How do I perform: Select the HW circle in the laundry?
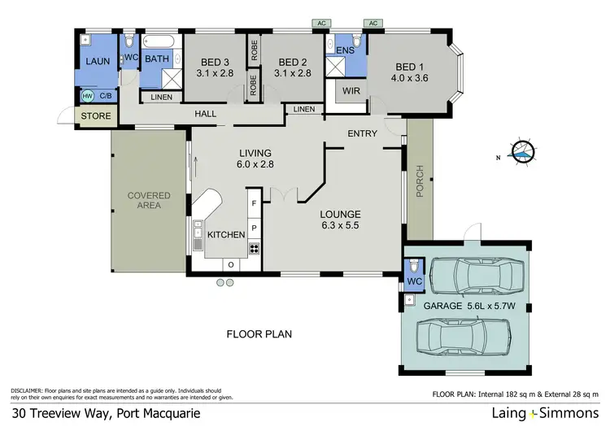(x=87, y=96)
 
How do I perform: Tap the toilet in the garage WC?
(x=414, y=267)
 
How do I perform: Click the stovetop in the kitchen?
(x=254, y=249)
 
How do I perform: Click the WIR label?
(x=351, y=91)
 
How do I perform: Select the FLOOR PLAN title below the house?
(x=259, y=333)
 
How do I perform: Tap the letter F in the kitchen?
(x=253, y=202)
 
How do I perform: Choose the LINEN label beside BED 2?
(x=304, y=109)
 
